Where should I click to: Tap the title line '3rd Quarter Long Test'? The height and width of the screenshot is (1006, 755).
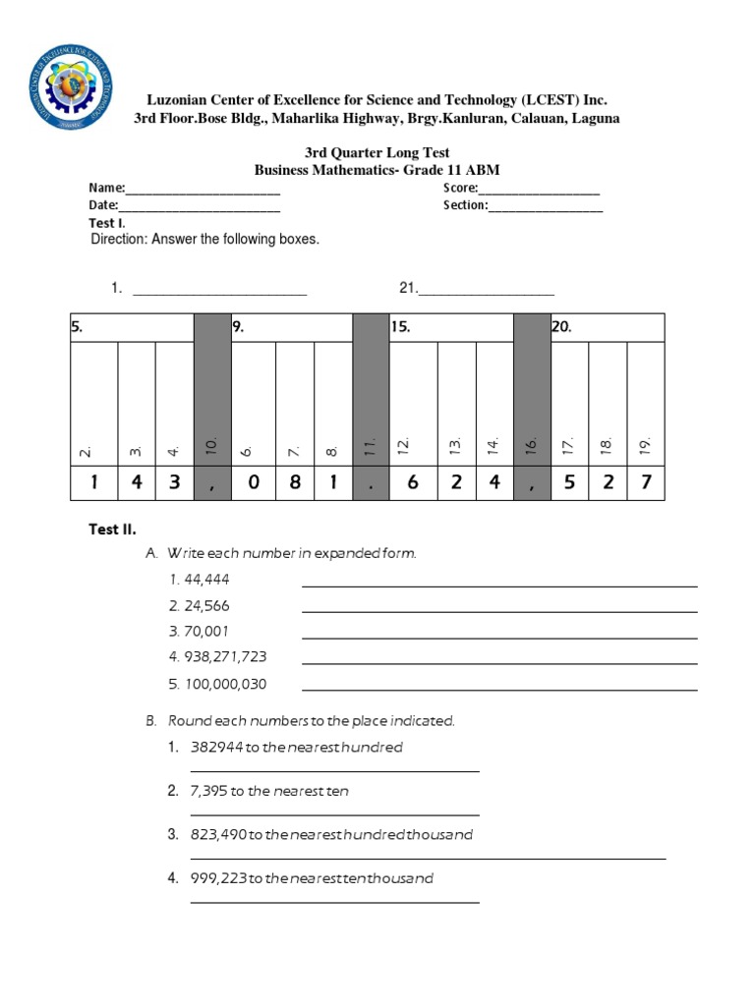tap(377, 152)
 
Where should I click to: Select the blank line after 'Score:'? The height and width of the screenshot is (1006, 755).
tap(539, 189)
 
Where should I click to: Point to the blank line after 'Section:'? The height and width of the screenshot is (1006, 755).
tap(546, 206)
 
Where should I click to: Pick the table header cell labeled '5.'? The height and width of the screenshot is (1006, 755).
tap(132, 328)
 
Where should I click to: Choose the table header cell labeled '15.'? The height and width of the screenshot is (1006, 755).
tap(451, 328)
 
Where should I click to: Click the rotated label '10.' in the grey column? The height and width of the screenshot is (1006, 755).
tap(211, 446)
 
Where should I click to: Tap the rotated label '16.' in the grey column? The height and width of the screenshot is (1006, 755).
tap(532, 446)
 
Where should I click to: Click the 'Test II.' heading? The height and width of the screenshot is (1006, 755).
tap(112, 530)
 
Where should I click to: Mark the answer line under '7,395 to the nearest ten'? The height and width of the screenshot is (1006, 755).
tap(334, 814)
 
